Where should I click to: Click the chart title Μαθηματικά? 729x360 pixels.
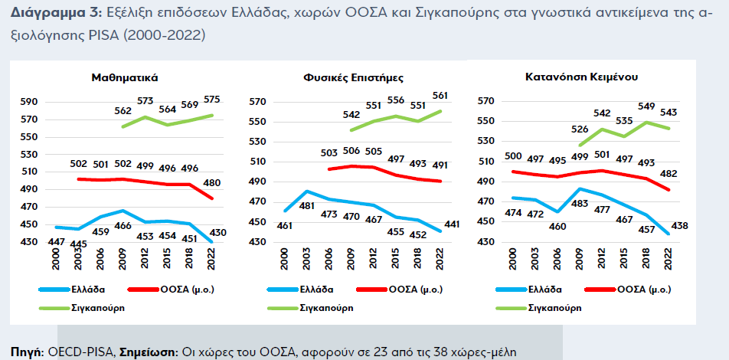(x=125, y=77)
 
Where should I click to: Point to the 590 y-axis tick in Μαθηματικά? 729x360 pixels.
(x=28, y=101)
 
